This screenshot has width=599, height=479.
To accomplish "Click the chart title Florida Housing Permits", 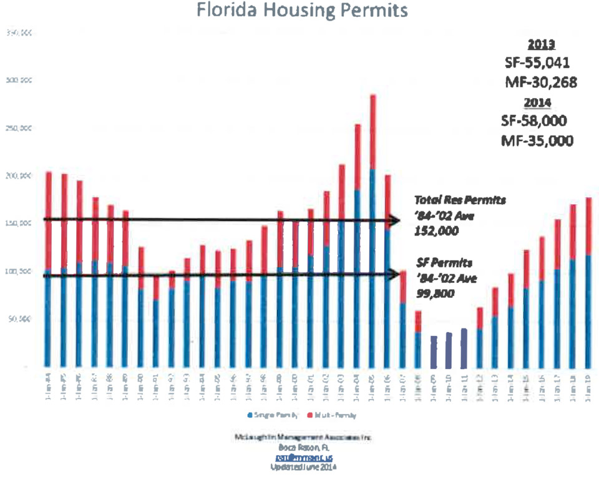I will point(302,11).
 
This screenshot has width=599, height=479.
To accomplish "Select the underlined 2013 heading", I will point(541,45).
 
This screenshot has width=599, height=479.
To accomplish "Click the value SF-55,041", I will point(537,64).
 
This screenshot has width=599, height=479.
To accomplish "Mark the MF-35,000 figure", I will point(537,140).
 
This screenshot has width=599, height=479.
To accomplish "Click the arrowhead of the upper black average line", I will point(394,220).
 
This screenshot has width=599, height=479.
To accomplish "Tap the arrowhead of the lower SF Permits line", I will point(393,274).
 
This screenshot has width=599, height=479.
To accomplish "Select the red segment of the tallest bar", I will point(373,132).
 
